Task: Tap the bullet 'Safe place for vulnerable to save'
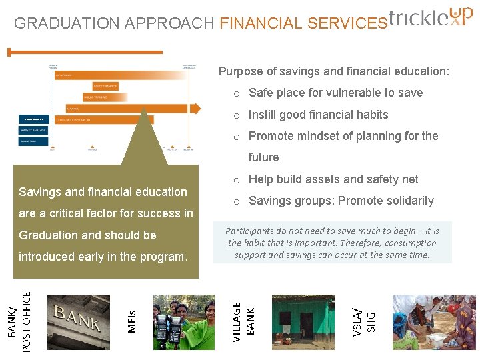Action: click(x=335, y=93)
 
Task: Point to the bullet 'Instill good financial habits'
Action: click(x=318, y=115)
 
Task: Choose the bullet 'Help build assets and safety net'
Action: click(x=333, y=179)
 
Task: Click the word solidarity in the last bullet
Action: click(x=408, y=201)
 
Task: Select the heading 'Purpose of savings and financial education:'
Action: click(x=334, y=71)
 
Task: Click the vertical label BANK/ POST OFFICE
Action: click(x=19, y=318)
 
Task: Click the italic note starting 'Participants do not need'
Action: click(x=333, y=243)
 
